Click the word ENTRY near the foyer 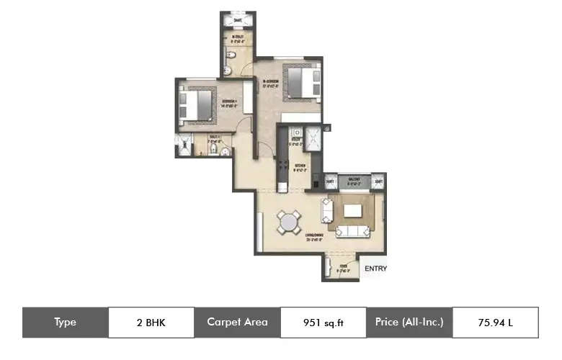pos(375,269)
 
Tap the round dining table pos(288,221)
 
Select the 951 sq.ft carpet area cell pos(323,323)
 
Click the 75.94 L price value pos(495,323)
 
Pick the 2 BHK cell pos(151,323)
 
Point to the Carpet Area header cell pos(237,323)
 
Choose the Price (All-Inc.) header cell pos(409,323)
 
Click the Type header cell pos(65,323)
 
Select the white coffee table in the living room pos(352,210)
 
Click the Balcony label pos(353,180)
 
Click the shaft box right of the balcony pos(378,182)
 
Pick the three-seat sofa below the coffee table pos(354,231)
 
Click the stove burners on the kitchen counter pos(295,133)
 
